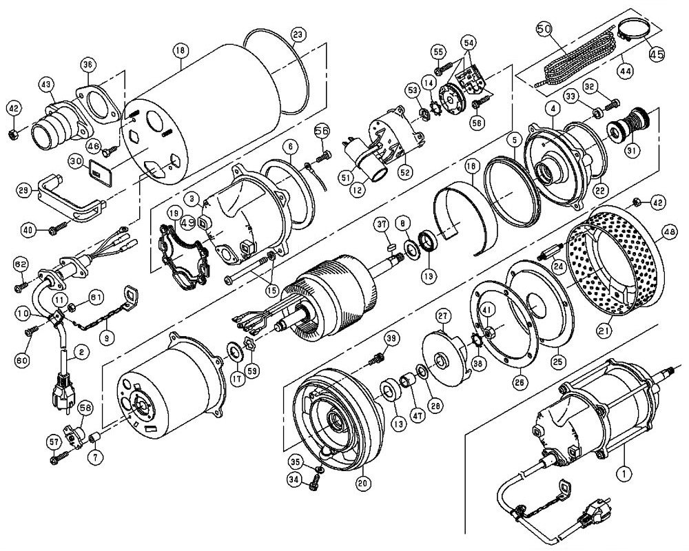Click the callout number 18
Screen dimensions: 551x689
pos(180,50)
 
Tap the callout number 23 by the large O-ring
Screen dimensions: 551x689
pos(297,34)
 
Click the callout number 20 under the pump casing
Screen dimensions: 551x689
pos(362,483)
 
